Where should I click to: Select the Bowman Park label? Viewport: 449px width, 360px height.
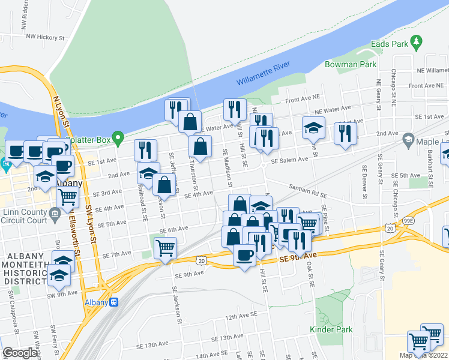(351, 64)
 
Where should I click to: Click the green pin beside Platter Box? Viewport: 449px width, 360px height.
(118, 139)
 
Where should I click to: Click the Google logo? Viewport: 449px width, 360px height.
(20, 352)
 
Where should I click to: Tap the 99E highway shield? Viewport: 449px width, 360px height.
(425, 221)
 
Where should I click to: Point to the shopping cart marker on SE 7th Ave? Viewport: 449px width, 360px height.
(165, 247)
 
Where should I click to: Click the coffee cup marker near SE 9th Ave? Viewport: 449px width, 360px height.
(244, 256)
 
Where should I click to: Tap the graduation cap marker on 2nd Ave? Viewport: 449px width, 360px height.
(148, 173)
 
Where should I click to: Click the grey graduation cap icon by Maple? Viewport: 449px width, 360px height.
(409, 140)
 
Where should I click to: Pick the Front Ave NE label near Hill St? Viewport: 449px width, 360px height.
(304, 100)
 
